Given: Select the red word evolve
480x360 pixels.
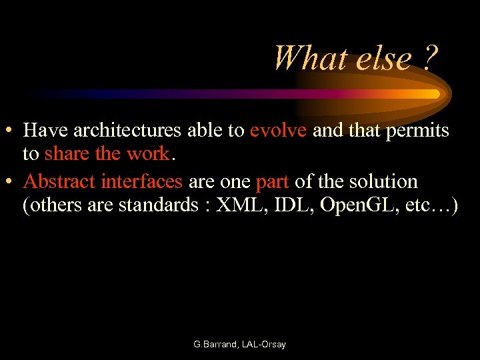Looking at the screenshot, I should click(x=278, y=131).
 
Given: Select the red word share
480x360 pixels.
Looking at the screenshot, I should click(x=67, y=154).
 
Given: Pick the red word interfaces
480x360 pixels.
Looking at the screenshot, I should click(x=142, y=181).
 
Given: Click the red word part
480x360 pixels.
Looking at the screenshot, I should click(x=272, y=181).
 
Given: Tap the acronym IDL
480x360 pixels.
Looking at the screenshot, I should click(x=292, y=205).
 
